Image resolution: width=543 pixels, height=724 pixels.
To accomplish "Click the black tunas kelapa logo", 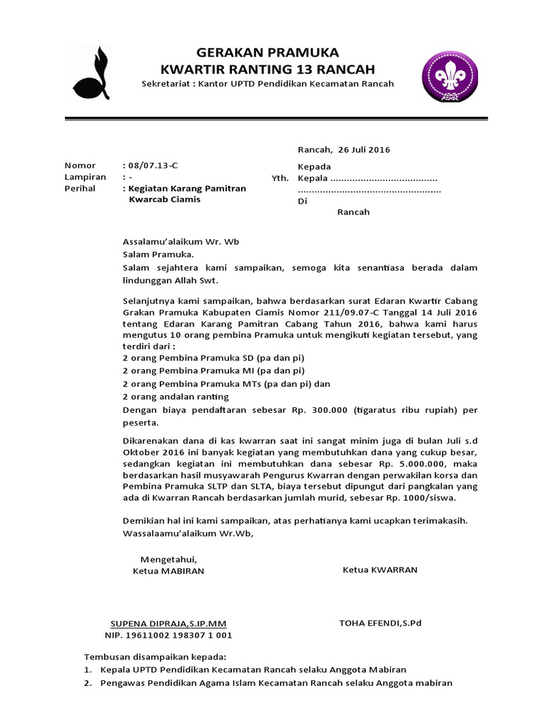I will [x=90, y=73].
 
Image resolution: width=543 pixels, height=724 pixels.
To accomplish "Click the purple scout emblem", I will [x=448, y=73].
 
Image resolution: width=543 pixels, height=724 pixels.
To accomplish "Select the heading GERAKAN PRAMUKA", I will [x=267, y=52].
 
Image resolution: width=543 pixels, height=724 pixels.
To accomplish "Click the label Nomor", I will [x=79, y=165].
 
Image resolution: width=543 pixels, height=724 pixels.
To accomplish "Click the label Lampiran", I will [x=85, y=177].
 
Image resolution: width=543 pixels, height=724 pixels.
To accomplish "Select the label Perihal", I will [x=80, y=189].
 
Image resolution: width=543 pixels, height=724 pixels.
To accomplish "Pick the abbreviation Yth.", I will [x=280, y=178].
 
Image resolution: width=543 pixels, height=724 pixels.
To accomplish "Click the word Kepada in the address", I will [x=315, y=166].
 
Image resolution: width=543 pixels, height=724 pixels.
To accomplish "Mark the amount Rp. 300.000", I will [x=324, y=409].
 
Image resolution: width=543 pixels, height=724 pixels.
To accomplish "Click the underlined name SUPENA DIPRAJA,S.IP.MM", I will [x=169, y=624].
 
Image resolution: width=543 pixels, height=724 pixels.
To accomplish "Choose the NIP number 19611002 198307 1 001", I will [x=177, y=635].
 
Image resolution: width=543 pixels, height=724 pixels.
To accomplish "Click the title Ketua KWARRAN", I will [x=380, y=569].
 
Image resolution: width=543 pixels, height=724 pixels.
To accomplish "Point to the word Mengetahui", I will [x=168, y=559].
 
